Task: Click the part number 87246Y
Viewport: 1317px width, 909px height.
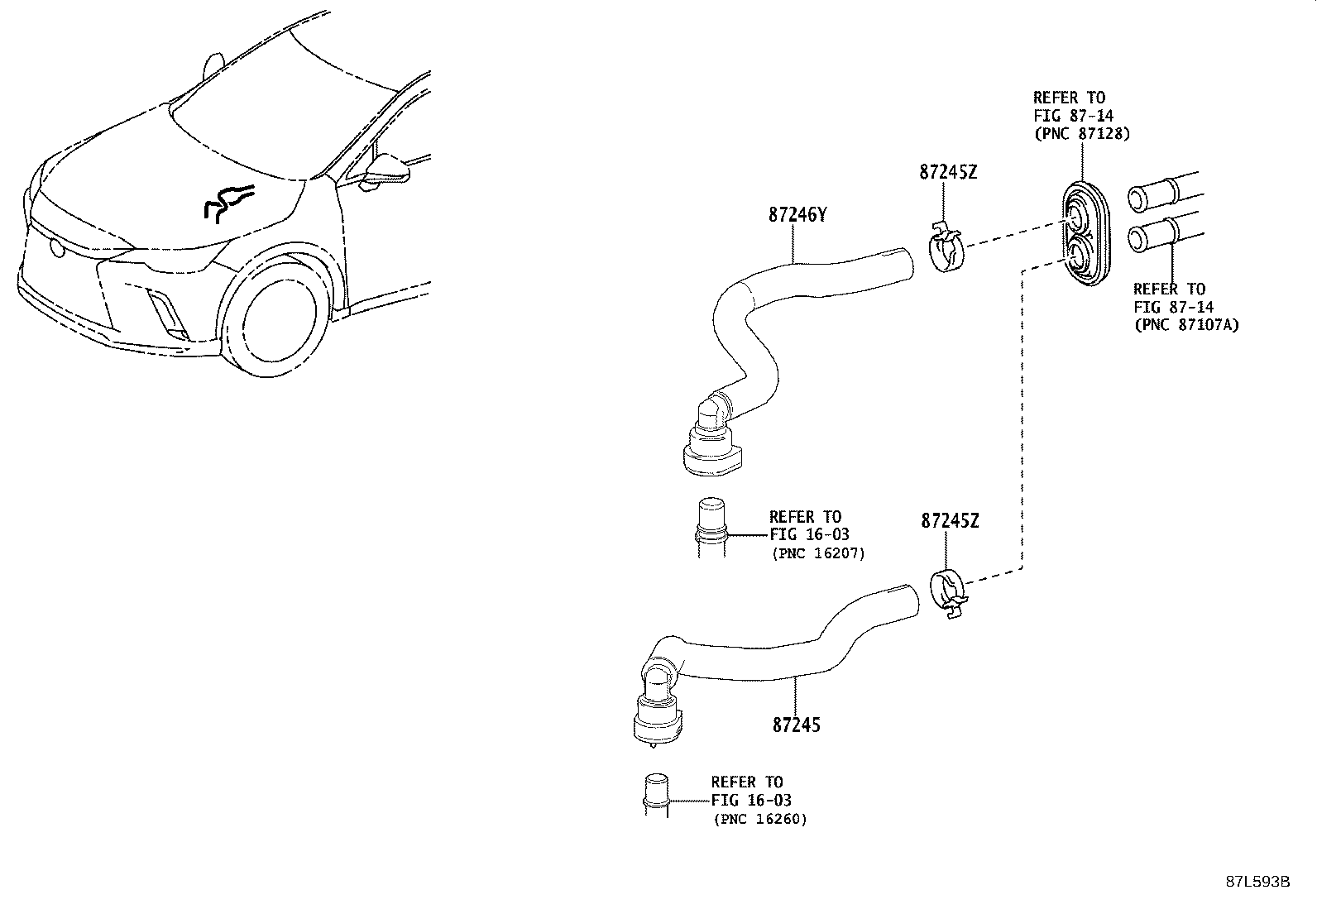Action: click(x=797, y=214)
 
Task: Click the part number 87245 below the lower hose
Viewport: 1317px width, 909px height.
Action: click(x=797, y=725)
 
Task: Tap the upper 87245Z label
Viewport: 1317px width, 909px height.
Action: click(x=947, y=172)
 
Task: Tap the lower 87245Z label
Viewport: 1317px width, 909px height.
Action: click(x=949, y=521)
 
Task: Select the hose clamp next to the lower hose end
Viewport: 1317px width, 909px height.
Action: click(x=949, y=593)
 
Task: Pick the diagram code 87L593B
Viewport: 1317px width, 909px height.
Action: click(x=1257, y=881)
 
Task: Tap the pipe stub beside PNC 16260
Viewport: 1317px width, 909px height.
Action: click(x=655, y=794)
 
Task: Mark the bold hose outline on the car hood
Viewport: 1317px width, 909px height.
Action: click(x=227, y=202)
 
